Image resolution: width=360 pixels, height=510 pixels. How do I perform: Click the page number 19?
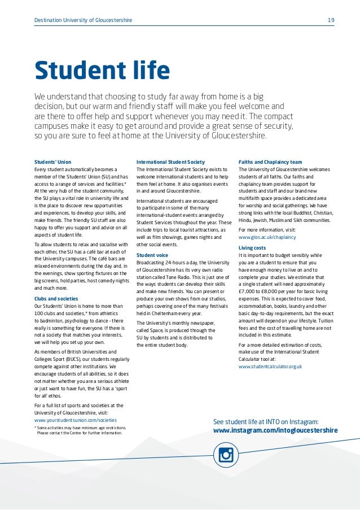coord(331,20)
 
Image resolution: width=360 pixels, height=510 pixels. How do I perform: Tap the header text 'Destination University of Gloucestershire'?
coord(83,20)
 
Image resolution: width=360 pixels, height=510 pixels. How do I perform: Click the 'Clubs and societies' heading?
coord(56,298)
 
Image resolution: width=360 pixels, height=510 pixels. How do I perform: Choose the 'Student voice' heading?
coord(153,255)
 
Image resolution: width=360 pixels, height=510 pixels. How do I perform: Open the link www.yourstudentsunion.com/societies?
coord(76,420)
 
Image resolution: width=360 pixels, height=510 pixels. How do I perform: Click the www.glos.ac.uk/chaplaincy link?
coord(267,238)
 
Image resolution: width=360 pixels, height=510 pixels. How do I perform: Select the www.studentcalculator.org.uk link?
coord(270,367)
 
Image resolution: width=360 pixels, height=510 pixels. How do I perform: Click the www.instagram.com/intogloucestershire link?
coord(275,430)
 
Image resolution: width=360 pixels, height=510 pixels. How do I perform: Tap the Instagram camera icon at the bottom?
coord(226,455)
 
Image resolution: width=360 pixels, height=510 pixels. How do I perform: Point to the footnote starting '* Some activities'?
coord(80,430)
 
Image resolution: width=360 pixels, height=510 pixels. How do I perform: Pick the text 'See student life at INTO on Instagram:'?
coord(266,421)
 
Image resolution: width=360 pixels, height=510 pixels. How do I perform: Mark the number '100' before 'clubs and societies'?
coord(39,313)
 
